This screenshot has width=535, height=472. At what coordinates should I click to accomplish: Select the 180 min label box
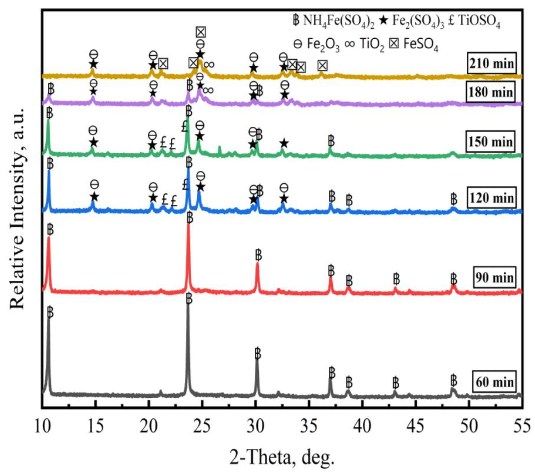point(491,92)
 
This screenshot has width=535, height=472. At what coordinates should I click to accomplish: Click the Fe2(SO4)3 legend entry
point(414,22)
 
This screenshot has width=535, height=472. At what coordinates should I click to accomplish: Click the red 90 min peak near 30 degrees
point(257,263)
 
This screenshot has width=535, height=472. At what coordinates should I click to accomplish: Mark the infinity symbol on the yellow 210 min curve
point(209,64)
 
